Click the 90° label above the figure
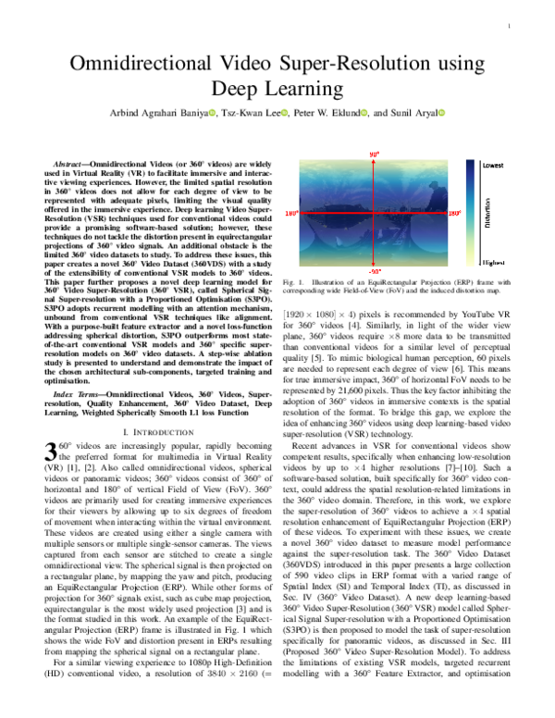pyautogui.click(x=375, y=153)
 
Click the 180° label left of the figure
pyautogui.click(x=291, y=214)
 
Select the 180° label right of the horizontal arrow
pyautogui.click(x=455, y=213)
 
